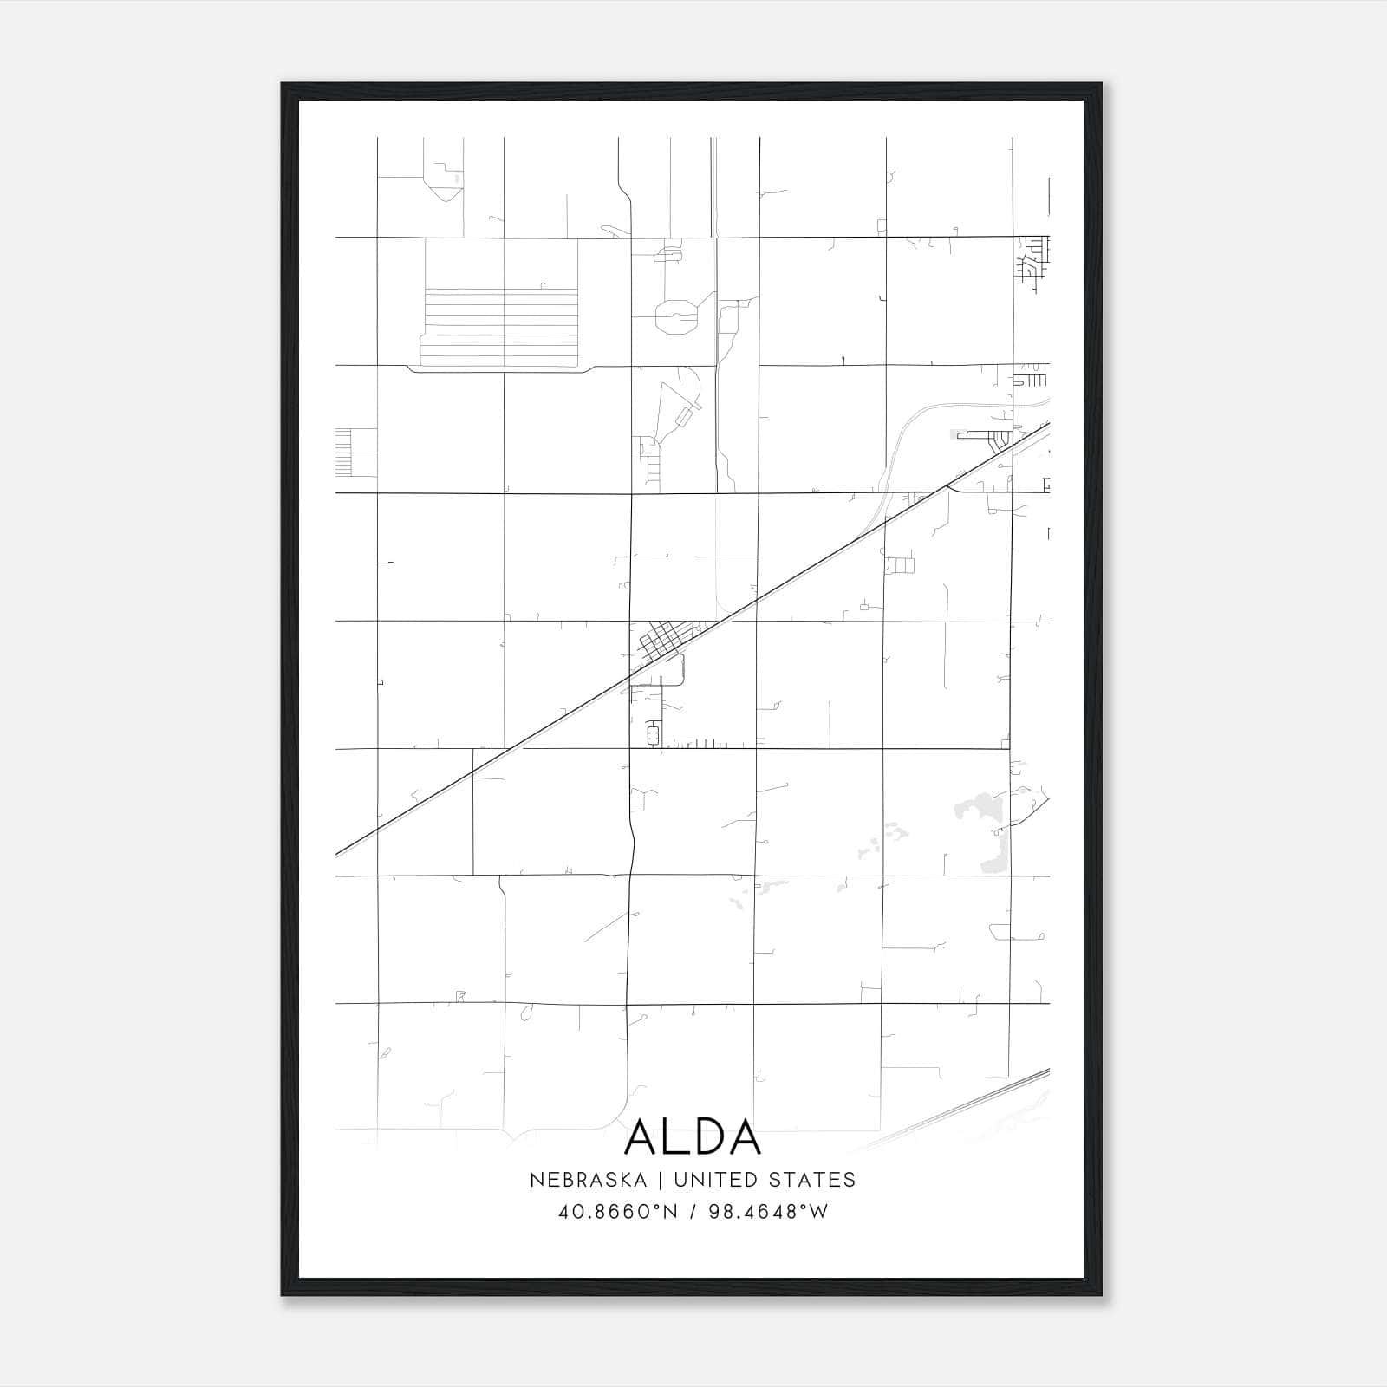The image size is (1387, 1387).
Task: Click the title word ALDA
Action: [693, 1137]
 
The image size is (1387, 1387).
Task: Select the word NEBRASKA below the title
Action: [588, 1180]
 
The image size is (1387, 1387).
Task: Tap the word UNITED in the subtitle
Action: [708, 1180]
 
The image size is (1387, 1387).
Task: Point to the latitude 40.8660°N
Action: [616, 1211]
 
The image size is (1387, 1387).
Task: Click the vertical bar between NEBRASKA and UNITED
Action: [660, 1180]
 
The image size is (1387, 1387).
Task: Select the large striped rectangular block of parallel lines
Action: [500, 325]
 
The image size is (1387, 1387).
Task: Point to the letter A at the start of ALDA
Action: [642, 1137]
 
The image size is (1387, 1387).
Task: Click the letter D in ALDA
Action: [707, 1137]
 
